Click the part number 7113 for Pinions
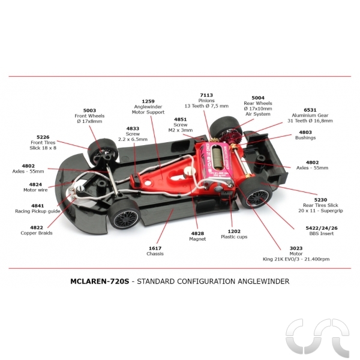coord(206,95)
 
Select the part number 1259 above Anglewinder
coord(148,101)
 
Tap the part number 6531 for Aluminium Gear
coord(310,110)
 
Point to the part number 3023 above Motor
coord(296,248)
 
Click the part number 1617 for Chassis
coord(155,248)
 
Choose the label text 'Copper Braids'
coord(37,233)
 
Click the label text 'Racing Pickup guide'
coord(38,211)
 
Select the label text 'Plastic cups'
coord(234,237)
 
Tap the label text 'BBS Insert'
coord(322,233)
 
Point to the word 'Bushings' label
coord(305,138)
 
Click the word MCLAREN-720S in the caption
coord(100,281)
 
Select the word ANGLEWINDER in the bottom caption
coord(263,281)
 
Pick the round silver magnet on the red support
coord(189,172)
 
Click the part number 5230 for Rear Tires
coord(320,200)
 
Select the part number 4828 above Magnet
coord(197,233)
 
